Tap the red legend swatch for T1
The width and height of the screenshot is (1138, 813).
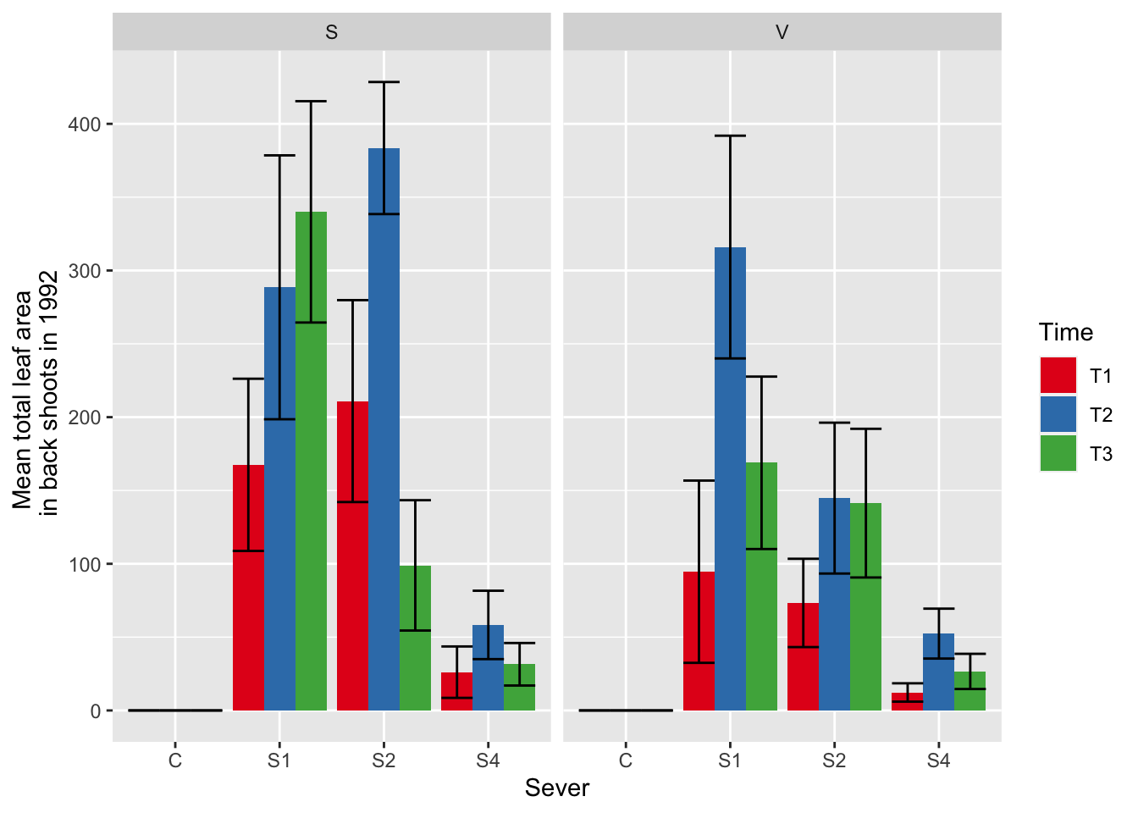[1058, 375]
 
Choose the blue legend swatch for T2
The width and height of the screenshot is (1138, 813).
[1058, 414]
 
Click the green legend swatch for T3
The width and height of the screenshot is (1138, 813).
[1058, 453]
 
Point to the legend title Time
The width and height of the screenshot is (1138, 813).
[1065, 332]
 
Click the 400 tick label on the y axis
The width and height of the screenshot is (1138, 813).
[84, 124]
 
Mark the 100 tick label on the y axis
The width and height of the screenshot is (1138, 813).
[84, 564]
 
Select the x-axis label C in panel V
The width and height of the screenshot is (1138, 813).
[625, 760]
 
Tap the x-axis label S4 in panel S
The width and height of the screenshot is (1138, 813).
[488, 760]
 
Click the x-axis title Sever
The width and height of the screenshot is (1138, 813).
[556, 788]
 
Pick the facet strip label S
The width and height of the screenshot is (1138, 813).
[331, 32]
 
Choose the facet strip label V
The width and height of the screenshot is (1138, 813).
[782, 32]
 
